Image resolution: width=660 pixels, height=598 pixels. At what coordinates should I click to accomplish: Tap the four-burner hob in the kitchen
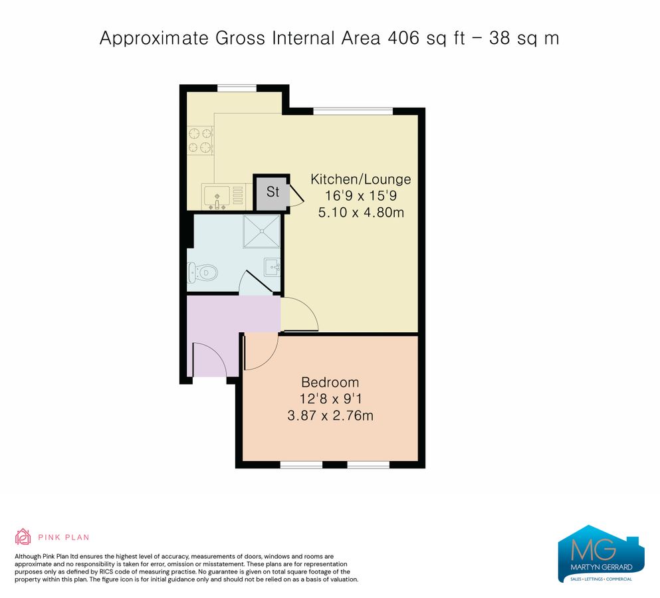pos(200,140)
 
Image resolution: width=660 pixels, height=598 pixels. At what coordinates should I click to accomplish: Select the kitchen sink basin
pos(217,196)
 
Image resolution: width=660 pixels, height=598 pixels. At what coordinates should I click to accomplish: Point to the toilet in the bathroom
pos(203,271)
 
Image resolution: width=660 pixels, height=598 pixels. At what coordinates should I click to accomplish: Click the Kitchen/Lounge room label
pos(361,179)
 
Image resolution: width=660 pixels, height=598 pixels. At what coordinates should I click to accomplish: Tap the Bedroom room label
pos(330,382)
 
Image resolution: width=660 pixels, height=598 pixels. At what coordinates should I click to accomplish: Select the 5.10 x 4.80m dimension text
pos(361,213)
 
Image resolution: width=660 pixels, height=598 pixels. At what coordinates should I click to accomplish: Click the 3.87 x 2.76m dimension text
pos(330,417)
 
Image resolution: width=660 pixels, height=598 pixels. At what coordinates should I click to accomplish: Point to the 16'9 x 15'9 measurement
pos(361,196)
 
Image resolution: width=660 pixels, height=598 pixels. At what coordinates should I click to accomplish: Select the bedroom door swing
pos(260,352)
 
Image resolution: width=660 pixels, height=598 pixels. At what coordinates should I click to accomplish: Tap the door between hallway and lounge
pos(300,315)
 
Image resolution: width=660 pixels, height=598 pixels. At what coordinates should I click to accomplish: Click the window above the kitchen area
pos(237,88)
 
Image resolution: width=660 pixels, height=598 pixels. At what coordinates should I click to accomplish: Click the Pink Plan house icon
pos(23,537)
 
